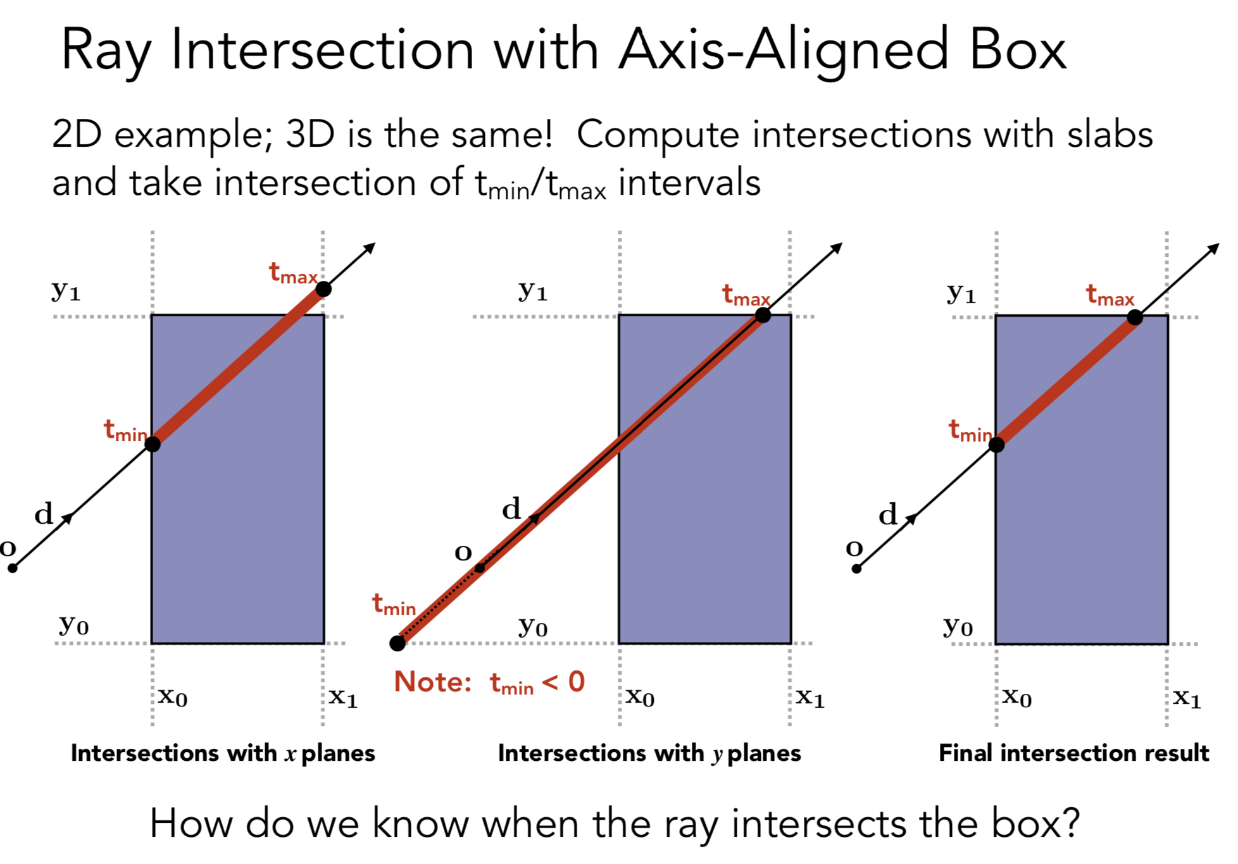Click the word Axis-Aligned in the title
coord(784,51)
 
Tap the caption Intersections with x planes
coord(223,753)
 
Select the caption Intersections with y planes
coord(649,753)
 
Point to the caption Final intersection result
coord(1073,753)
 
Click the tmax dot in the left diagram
coord(323,289)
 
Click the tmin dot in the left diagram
coord(153,444)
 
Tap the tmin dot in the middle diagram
coord(397,643)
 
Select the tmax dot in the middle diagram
coord(763,315)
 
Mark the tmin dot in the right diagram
coord(996,445)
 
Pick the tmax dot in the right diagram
coord(1135,318)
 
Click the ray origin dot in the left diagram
coord(13,568)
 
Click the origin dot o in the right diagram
coord(856,569)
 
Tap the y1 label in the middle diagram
coord(533,290)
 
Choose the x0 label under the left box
coord(173,696)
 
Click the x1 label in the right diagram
coord(1187,698)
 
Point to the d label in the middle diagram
coord(511,509)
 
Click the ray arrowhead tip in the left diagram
coord(374,244)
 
